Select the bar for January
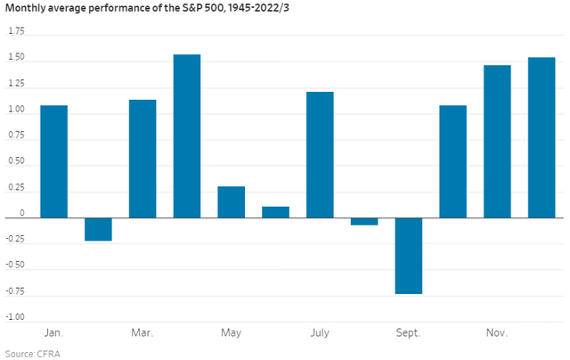pos(53,161)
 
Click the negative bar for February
pos(98,229)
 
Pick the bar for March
pos(142,159)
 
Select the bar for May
pos(231,201)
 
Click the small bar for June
pos(275,212)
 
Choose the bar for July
pos(320,154)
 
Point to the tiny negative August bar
pos(364,221)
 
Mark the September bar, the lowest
pos(409,256)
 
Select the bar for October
pos(452,161)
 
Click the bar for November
pos(497,141)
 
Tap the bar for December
pos(541,137)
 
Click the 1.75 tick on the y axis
pos(16,30)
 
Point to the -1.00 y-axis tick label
pos(15,317)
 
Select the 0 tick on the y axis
pos(22,214)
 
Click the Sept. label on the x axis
pos(409,333)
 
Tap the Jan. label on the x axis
pos(53,333)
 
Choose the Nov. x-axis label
pos(497,333)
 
